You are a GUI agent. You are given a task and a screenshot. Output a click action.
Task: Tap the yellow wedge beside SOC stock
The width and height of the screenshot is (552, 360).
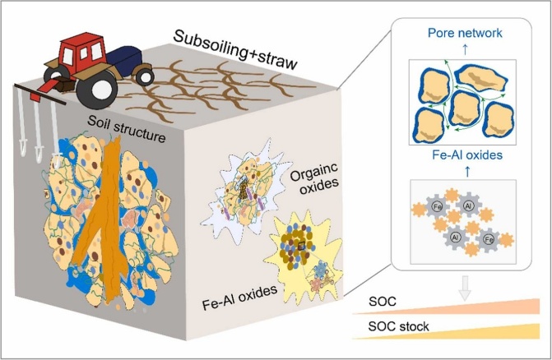[x=494, y=330]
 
